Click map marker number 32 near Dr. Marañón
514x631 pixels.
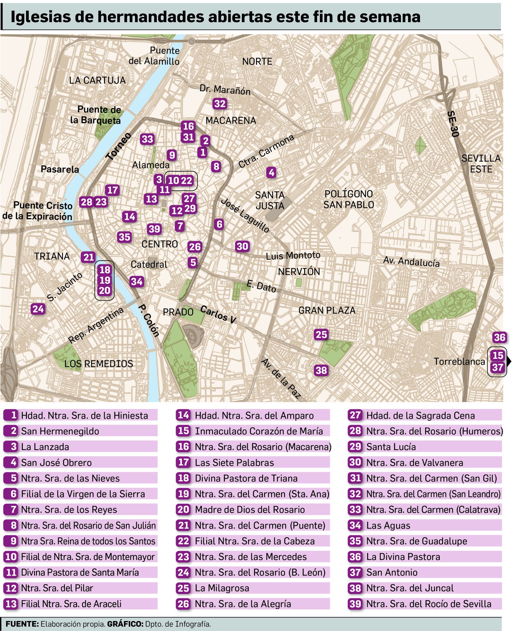click(220, 104)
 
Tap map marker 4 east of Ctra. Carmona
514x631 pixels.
click(271, 173)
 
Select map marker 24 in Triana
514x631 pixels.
click(38, 309)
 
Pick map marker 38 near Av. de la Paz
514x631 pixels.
click(321, 370)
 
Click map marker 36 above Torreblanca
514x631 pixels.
click(499, 337)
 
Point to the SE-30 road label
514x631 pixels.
click(453, 124)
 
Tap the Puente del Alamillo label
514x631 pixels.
click(154, 56)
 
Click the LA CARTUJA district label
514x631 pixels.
click(97, 80)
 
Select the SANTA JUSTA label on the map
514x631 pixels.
click(270, 200)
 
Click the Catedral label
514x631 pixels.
click(149, 264)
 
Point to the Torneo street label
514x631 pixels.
click(119, 146)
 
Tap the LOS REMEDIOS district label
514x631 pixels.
click(99, 364)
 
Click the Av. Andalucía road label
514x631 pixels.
click(411, 261)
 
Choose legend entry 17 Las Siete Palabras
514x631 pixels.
click(234, 463)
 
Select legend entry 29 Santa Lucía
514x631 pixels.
click(391, 447)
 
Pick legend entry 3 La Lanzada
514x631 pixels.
click(45, 447)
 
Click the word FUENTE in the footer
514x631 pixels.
click(22, 624)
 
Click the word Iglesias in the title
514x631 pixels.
click(40, 17)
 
